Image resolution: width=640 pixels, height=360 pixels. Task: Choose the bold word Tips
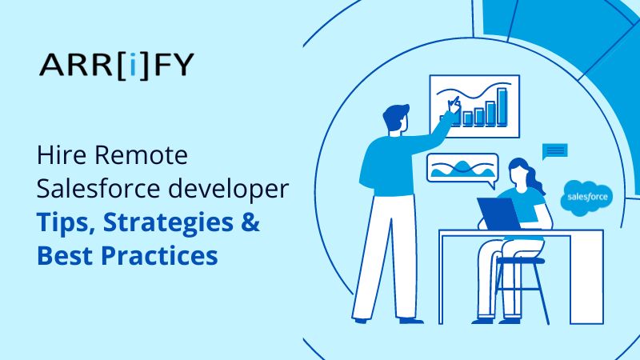62,224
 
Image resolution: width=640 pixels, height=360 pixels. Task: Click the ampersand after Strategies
251,224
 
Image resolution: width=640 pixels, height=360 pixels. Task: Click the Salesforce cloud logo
587,196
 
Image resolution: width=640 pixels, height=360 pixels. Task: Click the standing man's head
397,120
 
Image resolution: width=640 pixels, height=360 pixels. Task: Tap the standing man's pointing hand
452,106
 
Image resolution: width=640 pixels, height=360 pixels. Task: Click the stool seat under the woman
519,261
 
